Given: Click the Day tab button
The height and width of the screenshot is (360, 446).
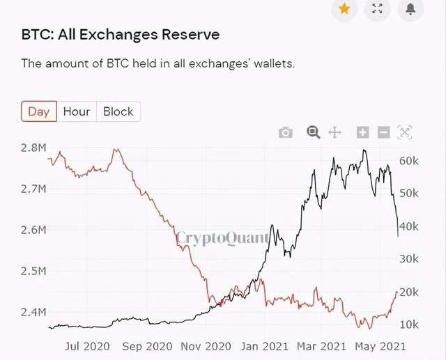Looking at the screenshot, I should (x=38, y=111).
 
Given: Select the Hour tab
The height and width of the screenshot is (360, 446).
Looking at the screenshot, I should (x=77, y=111).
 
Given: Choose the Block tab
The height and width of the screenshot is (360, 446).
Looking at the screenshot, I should (x=118, y=111).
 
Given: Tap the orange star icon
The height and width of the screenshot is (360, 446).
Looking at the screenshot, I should (x=344, y=8).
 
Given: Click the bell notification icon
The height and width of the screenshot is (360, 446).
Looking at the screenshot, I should (x=410, y=8).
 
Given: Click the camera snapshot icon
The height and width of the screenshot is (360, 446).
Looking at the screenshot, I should (x=286, y=132).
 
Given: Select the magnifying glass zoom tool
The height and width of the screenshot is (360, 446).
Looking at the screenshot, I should (x=313, y=132).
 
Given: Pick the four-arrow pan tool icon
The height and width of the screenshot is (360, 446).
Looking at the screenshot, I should (x=334, y=132).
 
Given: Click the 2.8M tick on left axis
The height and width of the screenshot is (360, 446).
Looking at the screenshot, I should (x=33, y=148).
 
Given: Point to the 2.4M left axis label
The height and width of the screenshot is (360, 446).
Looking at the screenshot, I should (x=33, y=312).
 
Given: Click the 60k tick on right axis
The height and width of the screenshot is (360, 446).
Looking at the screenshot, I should (x=409, y=160).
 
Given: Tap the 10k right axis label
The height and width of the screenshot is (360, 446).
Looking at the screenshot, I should (x=409, y=324).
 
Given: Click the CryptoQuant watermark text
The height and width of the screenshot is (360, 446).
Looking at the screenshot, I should (x=222, y=238).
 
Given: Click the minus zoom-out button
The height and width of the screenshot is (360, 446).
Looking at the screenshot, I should (x=383, y=132).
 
